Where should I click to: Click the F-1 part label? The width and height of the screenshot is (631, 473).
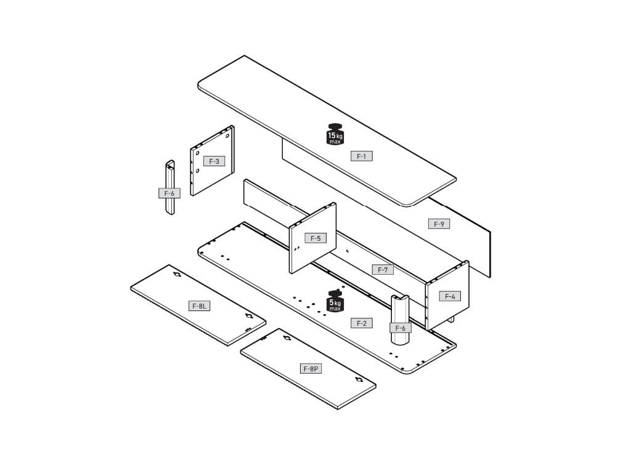click(x=362, y=156)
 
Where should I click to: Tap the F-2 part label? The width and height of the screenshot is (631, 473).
click(x=362, y=323)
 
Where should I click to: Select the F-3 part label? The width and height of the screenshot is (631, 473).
click(x=214, y=161)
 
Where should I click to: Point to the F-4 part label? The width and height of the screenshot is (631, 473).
click(x=450, y=296)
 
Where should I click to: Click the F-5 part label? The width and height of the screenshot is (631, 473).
click(x=315, y=238)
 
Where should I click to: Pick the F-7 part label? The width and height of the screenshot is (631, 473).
click(x=383, y=270)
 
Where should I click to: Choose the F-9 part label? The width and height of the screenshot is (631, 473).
click(x=439, y=224)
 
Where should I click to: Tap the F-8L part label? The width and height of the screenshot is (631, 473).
click(x=199, y=306)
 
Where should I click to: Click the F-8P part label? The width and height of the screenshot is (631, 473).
click(x=311, y=369)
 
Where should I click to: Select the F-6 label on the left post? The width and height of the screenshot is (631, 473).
click(x=169, y=193)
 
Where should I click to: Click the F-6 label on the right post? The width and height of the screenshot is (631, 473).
click(x=400, y=328)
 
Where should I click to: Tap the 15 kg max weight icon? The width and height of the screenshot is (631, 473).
click(x=335, y=134)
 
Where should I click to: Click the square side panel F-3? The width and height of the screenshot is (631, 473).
click(x=213, y=179)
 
